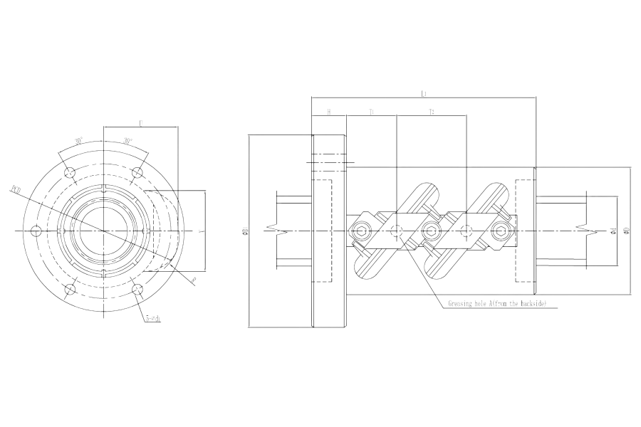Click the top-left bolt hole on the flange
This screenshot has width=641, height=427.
pyautogui.click(x=69, y=173)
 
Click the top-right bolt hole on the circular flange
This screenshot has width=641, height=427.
pyautogui.click(x=137, y=171)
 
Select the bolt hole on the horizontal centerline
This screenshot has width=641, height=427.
pyautogui.click(x=36, y=231)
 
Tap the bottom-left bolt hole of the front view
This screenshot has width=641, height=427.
pyautogui.click(x=69, y=290)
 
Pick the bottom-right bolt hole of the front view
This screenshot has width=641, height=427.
pyautogui.click(x=137, y=290)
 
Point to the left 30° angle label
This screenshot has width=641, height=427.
pyautogui.click(x=79, y=140)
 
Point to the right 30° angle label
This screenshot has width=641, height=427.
pyautogui.click(x=128, y=140)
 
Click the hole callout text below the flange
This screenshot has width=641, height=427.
pyautogui.click(x=152, y=318)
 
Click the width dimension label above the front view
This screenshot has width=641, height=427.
pyautogui.click(x=141, y=123)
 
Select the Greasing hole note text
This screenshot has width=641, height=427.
pyautogui.click(x=496, y=304)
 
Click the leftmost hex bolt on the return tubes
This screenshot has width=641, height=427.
pyautogui.click(x=360, y=230)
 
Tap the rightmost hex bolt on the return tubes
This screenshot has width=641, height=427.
pyautogui.click(x=502, y=230)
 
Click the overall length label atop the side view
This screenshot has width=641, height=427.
pyautogui.click(x=424, y=92)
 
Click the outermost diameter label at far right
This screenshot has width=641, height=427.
pyautogui.click(x=625, y=230)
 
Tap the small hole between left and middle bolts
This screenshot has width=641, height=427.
pyautogui.click(x=395, y=230)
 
